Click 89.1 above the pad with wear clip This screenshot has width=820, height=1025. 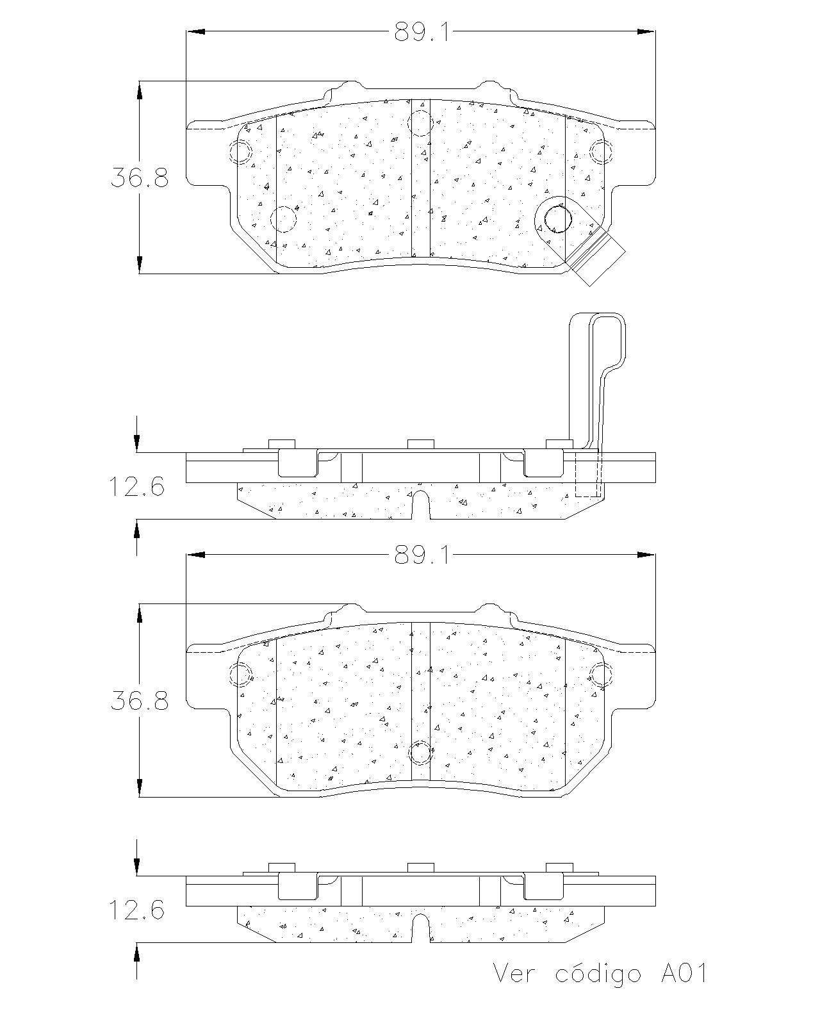422,33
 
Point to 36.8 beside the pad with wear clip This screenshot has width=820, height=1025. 140,177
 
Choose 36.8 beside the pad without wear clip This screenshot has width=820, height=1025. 140,701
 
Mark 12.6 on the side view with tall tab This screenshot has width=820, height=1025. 136,486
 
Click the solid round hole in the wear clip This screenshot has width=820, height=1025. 557,220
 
